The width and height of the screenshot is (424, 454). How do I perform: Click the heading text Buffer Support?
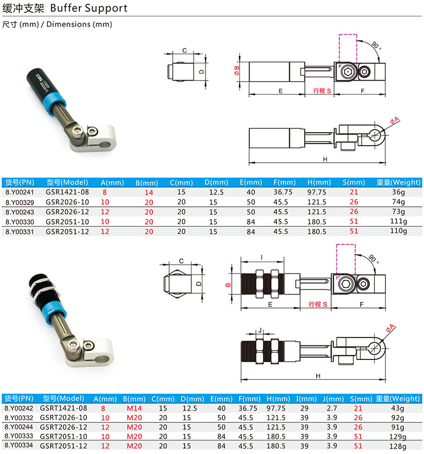coord(89,8)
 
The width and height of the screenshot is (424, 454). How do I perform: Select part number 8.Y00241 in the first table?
coord(20,192)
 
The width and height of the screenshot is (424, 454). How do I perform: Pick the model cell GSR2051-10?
coord(67,222)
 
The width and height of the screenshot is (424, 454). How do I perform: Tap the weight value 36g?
coord(398,192)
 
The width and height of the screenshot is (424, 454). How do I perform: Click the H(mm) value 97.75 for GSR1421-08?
coord(317,192)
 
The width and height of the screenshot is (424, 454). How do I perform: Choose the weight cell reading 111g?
coord(399,221)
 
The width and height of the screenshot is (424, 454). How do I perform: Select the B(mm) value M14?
coord(134,408)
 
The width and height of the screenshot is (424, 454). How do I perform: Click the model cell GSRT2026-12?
coord(63,427)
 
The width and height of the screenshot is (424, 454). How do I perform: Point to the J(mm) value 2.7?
coord(332,408)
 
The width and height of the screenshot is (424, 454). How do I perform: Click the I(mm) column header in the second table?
coord(306,399)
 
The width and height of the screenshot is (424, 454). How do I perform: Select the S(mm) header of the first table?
coord(354,183)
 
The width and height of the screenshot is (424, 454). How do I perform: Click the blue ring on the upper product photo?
coord(55,104)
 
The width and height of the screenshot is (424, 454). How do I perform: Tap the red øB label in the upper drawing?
coord(237,70)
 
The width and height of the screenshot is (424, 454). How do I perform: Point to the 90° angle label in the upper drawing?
coord(376,46)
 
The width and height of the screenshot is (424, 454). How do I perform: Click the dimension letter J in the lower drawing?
coord(260,330)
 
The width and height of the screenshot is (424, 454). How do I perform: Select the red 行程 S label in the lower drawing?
coord(318,304)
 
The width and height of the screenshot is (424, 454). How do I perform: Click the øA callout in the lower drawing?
coord(390,328)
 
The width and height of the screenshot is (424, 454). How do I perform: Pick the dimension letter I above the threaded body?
coord(262,257)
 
